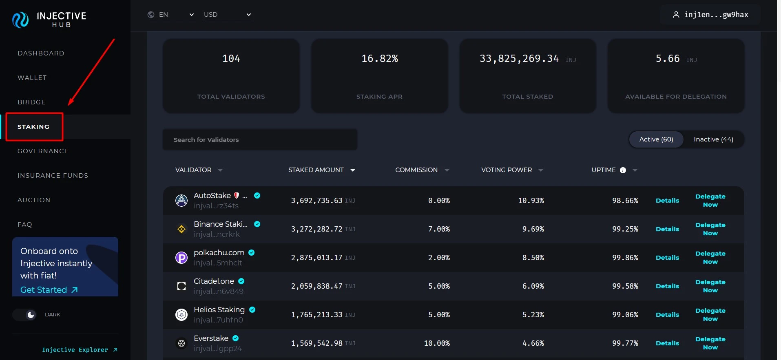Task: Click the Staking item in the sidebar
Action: pyautogui.click(x=33, y=127)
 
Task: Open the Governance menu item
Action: pyautogui.click(x=43, y=151)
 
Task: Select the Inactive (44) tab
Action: pyautogui.click(x=713, y=139)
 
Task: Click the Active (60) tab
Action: pyautogui.click(x=656, y=139)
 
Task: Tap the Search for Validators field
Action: pyautogui.click(x=260, y=140)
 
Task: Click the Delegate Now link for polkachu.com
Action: pyautogui.click(x=710, y=258)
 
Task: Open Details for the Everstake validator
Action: pyautogui.click(x=667, y=343)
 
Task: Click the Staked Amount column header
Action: pyautogui.click(x=316, y=170)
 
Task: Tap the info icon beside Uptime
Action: pyautogui.click(x=623, y=170)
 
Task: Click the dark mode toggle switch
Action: pyautogui.click(x=25, y=315)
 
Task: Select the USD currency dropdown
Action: pyautogui.click(x=228, y=15)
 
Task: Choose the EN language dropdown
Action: pyautogui.click(x=171, y=15)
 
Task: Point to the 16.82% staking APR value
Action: pyautogui.click(x=379, y=59)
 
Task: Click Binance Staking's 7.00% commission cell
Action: pyautogui.click(x=439, y=229)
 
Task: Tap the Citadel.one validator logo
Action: pyautogui.click(x=181, y=286)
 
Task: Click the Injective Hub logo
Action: pyautogui.click(x=49, y=19)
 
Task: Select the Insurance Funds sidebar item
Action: pyautogui.click(x=53, y=176)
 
